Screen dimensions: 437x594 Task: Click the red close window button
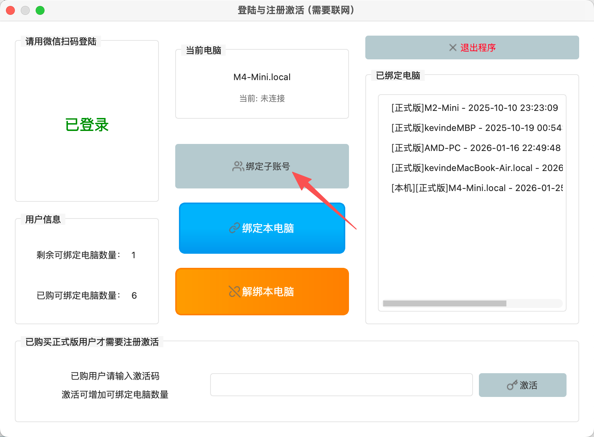10,10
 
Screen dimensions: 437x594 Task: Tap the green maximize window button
40,10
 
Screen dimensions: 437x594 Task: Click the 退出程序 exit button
472,47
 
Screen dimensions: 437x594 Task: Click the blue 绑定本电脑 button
262,228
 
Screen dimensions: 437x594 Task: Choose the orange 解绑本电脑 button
262,292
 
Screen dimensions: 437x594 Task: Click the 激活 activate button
522,385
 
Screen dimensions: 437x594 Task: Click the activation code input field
341,385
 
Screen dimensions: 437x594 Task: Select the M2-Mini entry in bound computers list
474,108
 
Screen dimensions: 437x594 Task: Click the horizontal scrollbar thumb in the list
444,303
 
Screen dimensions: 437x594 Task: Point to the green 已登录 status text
87,125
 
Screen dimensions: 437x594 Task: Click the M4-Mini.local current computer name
262,77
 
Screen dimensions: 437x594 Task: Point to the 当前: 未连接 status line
262,98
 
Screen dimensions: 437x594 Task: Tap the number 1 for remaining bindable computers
133,255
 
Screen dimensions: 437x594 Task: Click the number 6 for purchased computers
134,296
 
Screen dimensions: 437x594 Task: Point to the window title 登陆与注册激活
296,10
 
